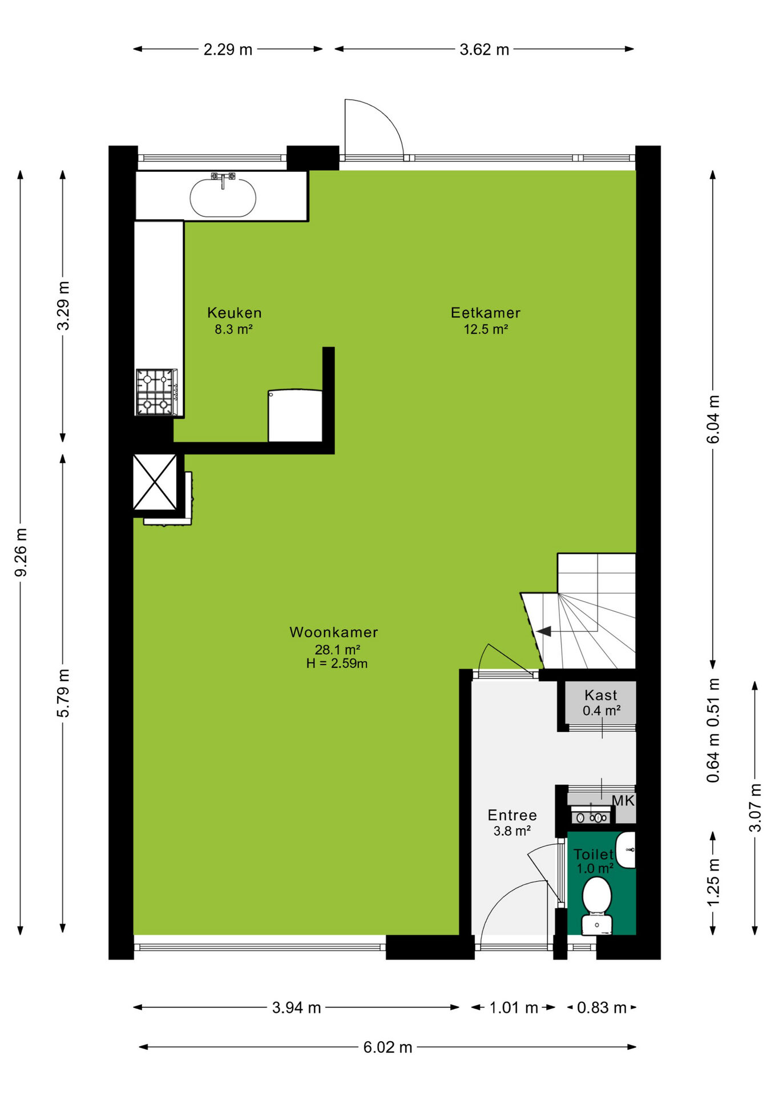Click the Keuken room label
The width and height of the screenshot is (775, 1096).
(235, 313)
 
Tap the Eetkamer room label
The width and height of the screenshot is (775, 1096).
(486, 313)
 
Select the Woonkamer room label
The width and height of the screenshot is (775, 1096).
(334, 632)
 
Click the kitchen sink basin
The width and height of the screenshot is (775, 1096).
(223, 198)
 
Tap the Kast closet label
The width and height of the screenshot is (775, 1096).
(601, 695)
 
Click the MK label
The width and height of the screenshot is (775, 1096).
(623, 801)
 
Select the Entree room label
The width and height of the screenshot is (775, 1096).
(512, 815)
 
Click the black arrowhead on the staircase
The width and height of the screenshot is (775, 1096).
(544, 631)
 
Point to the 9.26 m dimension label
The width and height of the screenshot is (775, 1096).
(21, 552)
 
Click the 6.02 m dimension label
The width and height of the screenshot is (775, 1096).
(388, 1047)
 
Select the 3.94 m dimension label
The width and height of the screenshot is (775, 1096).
(296, 1008)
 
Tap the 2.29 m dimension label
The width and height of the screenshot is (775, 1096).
(228, 50)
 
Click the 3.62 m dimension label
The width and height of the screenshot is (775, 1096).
(485, 50)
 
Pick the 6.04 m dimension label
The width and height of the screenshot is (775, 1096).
(713, 419)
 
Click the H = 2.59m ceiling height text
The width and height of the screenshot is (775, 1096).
(337, 663)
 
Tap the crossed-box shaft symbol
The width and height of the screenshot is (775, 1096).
(155, 482)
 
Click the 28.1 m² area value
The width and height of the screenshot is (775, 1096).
(337, 649)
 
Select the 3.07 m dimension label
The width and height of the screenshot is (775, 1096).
(755, 808)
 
